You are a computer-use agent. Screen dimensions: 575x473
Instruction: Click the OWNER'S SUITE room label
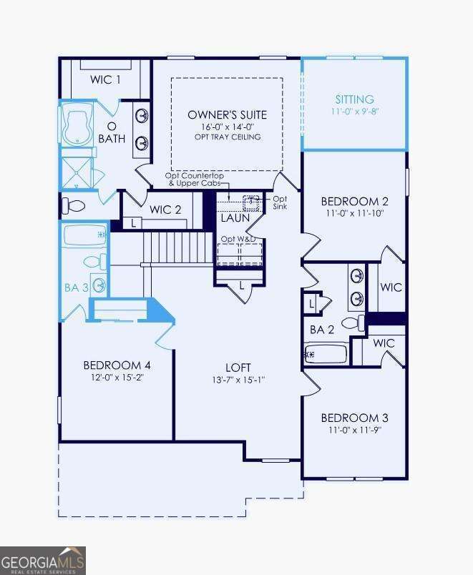[x=227, y=114]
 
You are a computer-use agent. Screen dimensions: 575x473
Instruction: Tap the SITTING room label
[x=355, y=99]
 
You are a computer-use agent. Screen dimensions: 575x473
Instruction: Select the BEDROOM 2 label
[x=354, y=201]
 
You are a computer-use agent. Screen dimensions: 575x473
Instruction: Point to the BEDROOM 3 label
[x=354, y=418]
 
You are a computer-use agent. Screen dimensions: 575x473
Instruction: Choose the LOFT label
[x=239, y=366]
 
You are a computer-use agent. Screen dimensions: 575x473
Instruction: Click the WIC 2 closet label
[x=166, y=210]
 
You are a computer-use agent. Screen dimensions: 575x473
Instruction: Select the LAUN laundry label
[x=235, y=217]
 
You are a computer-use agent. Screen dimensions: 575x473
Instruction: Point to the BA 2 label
[x=322, y=330]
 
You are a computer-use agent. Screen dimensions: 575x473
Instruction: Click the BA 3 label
[x=77, y=288]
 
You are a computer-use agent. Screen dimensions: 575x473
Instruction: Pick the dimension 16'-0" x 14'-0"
[x=227, y=127]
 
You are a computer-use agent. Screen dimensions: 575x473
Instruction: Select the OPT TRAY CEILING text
[x=227, y=137]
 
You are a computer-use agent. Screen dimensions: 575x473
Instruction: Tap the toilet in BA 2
[x=353, y=323]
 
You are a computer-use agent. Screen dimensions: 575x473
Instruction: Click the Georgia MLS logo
[x=43, y=560]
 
